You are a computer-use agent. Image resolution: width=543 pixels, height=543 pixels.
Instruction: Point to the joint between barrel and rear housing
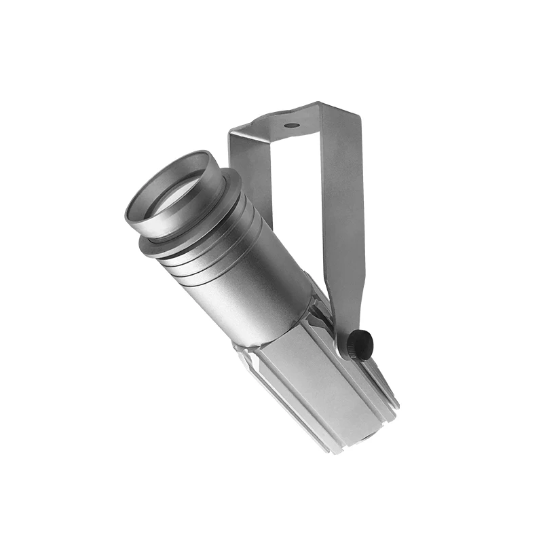(x=285, y=339)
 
